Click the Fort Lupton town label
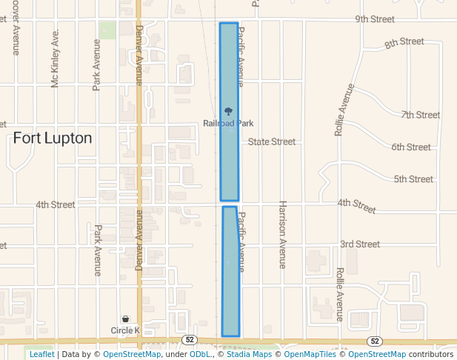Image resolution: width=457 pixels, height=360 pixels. pyautogui.click(x=53, y=138)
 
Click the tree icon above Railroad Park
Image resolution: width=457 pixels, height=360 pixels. pyautogui.click(x=228, y=111)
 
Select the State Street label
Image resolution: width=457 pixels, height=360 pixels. pyautogui.click(x=271, y=141)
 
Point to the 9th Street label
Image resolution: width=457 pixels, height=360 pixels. pyautogui.click(x=375, y=19)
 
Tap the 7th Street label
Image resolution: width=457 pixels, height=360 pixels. pyautogui.click(x=421, y=115)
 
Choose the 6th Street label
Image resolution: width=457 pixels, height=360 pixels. pyautogui.click(x=411, y=147)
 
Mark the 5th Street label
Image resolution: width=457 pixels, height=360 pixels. pyautogui.click(x=413, y=179)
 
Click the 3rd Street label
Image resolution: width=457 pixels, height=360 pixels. pyautogui.click(x=359, y=244)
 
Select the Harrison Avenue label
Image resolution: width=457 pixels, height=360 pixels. pyautogui.click(x=282, y=233)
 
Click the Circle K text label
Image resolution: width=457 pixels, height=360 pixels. pyautogui.click(x=125, y=330)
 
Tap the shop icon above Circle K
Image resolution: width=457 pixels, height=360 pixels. pyautogui.click(x=125, y=319)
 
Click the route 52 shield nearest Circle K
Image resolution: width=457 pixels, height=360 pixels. pyautogui.click(x=190, y=339)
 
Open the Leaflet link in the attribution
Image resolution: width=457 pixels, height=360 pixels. pyautogui.click(x=41, y=355)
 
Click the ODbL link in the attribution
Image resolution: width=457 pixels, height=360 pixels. pyautogui.click(x=199, y=355)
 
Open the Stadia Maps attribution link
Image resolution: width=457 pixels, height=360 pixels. pyautogui.click(x=252, y=355)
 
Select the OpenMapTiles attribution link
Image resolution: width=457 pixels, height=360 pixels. pyautogui.click(x=310, y=355)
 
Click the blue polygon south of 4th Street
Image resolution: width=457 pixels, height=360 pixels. pyautogui.click(x=231, y=274)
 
